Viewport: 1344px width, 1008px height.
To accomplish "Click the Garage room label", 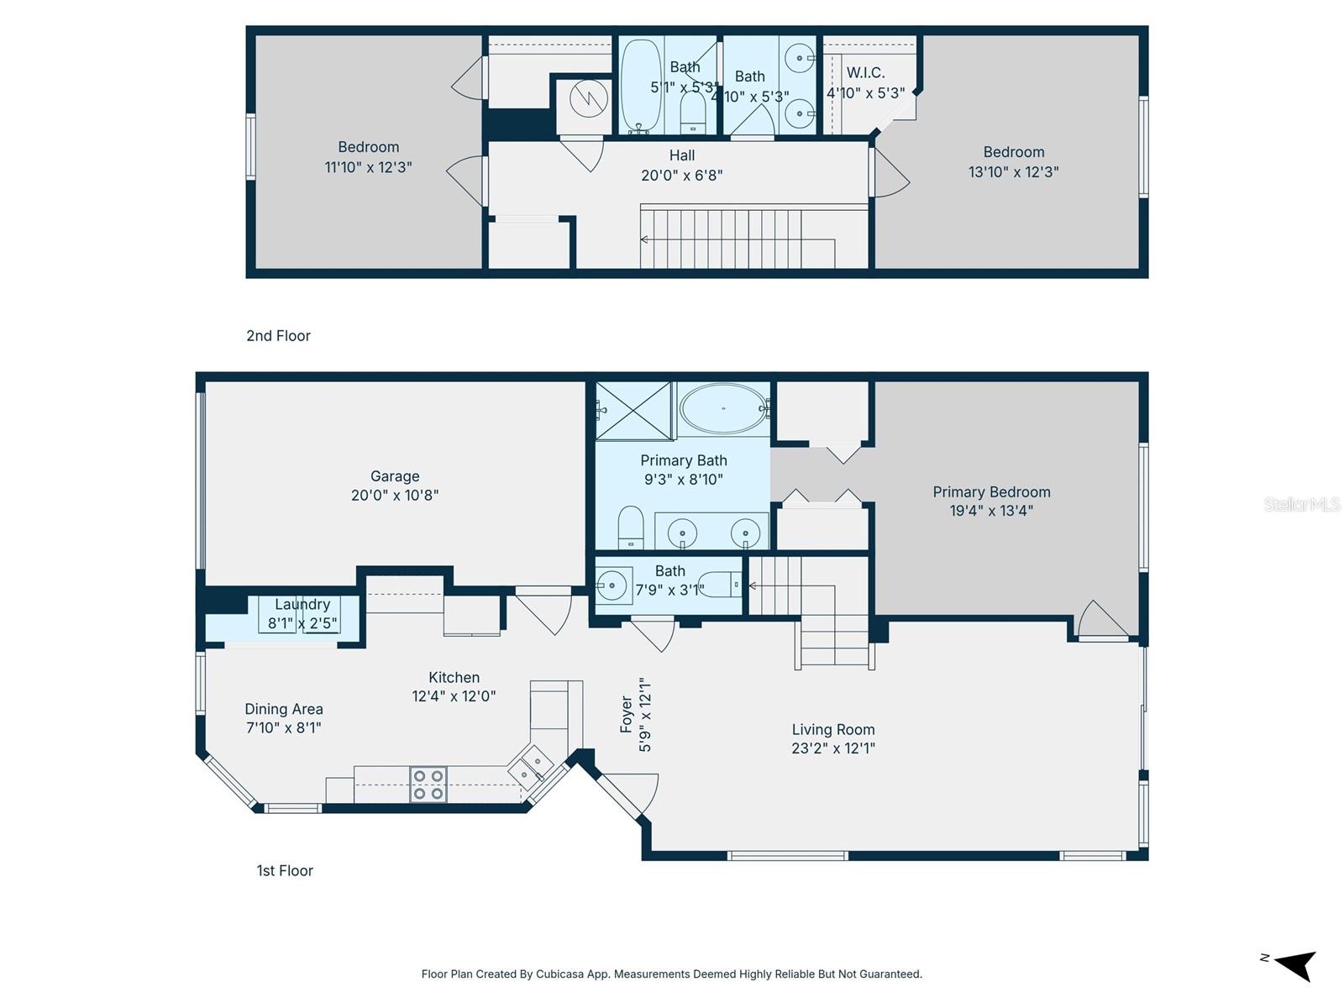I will [395, 476].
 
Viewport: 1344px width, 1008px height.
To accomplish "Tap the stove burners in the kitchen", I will [428, 785].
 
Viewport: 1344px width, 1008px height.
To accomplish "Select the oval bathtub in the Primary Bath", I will [723, 409].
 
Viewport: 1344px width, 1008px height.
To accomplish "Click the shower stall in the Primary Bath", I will [634, 411].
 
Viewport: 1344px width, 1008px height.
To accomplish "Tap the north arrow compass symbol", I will [1294, 964].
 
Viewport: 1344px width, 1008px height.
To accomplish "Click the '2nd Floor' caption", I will [278, 336].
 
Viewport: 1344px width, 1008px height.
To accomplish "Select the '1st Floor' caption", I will [285, 871].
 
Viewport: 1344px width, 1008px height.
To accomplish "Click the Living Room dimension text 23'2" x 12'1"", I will [833, 748].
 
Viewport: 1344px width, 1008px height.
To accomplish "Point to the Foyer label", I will [627, 714].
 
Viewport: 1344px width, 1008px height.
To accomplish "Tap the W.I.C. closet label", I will [865, 73].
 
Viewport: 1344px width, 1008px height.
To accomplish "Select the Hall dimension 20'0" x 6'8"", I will [682, 176].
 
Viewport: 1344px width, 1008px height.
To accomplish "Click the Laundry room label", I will [302, 604].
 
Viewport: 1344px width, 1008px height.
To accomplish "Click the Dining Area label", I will [284, 709].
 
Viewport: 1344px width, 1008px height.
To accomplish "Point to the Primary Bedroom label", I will [991, 492].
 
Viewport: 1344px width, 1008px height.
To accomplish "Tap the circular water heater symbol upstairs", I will [589, 99].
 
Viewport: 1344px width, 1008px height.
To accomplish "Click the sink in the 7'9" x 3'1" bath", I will [613, 585].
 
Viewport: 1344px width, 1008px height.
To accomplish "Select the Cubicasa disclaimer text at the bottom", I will [672, 974].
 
